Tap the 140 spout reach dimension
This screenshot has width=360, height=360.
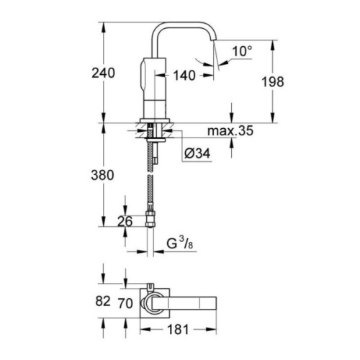(x=184, y=74)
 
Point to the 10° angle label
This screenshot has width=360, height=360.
(x=243, y=52)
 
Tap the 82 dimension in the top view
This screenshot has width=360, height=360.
(x=102, y=302)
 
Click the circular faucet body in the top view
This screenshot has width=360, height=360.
(x=153, y=302)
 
